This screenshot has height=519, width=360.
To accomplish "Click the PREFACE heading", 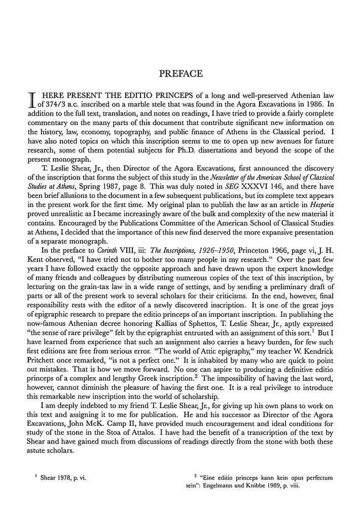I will (181, 74).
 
